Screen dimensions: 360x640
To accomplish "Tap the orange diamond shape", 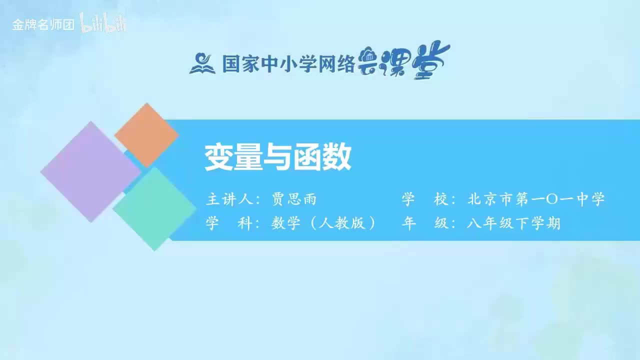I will pos(146,135).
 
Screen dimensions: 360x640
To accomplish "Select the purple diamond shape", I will pos(90,171).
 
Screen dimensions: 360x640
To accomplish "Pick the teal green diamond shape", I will pos(154,209).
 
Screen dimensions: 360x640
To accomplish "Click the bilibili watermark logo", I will pos(103,23).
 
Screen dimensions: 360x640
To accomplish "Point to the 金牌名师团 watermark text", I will pos(43,25).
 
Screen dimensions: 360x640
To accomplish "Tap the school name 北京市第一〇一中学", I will pos(536,199).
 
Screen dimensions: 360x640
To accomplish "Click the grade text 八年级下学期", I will pos(513,223).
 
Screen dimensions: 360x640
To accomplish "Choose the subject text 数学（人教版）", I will pos(324,223).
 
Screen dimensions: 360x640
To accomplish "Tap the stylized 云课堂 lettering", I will pos(404,62).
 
